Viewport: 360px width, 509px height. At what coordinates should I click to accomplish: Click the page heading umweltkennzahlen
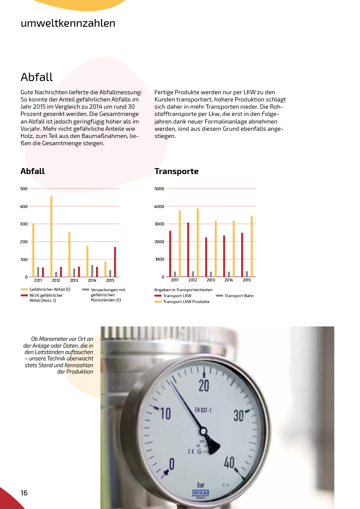tap(68, 23)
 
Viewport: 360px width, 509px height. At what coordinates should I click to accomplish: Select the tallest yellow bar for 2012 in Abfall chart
tap(51, 236)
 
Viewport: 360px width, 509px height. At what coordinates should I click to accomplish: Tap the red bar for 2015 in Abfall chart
tap(115, 262)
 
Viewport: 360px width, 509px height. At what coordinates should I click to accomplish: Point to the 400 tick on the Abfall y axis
tap(24, 206)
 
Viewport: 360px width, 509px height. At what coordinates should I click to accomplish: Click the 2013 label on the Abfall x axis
tap(74, 281)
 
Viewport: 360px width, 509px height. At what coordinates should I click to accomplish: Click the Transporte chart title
tap(176, 172)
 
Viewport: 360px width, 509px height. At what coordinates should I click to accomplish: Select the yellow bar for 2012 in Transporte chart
tap(197, 242)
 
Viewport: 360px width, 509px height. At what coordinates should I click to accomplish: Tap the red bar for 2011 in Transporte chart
tap(170, 253)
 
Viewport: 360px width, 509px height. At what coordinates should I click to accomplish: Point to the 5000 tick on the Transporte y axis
tap(159, 188)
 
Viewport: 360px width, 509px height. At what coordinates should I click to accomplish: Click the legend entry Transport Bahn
tap(239, 296)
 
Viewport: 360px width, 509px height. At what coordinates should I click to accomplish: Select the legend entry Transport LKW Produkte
tap(186, 302)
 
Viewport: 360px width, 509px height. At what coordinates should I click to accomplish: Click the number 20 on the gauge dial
tap(204, 385)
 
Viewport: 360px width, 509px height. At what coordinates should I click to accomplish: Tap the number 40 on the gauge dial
tap(229, 462)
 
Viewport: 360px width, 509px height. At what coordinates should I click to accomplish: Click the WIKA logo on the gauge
tap(200, 493)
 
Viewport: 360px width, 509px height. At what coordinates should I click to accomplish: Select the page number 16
tap(24, 492)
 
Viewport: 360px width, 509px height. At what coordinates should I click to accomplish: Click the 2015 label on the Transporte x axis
tap(247, 281)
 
